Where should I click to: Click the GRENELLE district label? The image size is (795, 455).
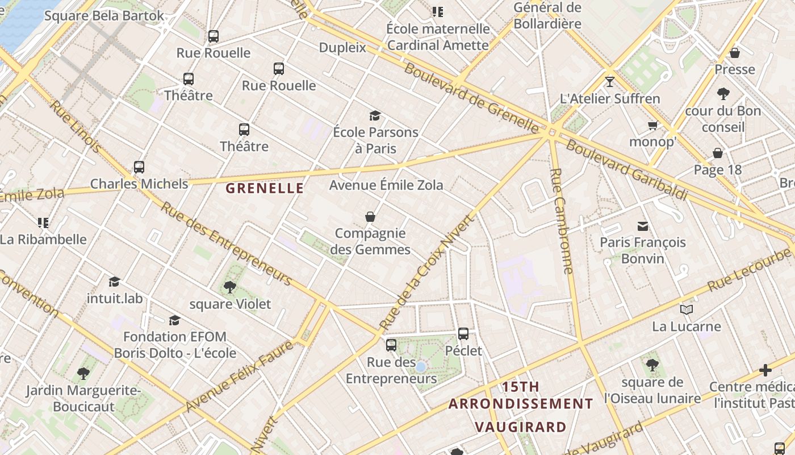click(265, 188)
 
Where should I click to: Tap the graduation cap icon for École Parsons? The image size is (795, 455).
click(375, 116)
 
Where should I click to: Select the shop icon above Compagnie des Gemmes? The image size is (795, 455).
click(370, 217)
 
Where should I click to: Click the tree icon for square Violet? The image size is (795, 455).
click(230, 287)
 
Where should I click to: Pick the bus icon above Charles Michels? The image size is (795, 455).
click(139, 167)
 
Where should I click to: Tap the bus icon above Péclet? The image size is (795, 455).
click(463, 334)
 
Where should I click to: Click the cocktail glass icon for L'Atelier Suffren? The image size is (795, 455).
click(610, 82)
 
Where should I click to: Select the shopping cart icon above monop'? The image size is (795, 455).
click(652, 125)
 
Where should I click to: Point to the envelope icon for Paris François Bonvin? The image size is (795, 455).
click(643, 226)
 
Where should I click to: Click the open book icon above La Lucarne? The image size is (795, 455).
click(687, 310)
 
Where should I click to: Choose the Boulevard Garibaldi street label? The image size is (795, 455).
click(626, 169)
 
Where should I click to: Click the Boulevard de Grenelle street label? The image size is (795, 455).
click(471, 97)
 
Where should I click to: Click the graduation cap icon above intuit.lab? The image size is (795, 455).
click(115, 282)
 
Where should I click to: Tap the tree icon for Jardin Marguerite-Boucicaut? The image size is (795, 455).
click(83, 374)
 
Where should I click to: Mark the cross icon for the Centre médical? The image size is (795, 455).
click(765, 371)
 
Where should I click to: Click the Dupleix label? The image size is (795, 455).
click(342, 48)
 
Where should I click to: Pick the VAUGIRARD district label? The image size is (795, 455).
click(520, 427)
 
